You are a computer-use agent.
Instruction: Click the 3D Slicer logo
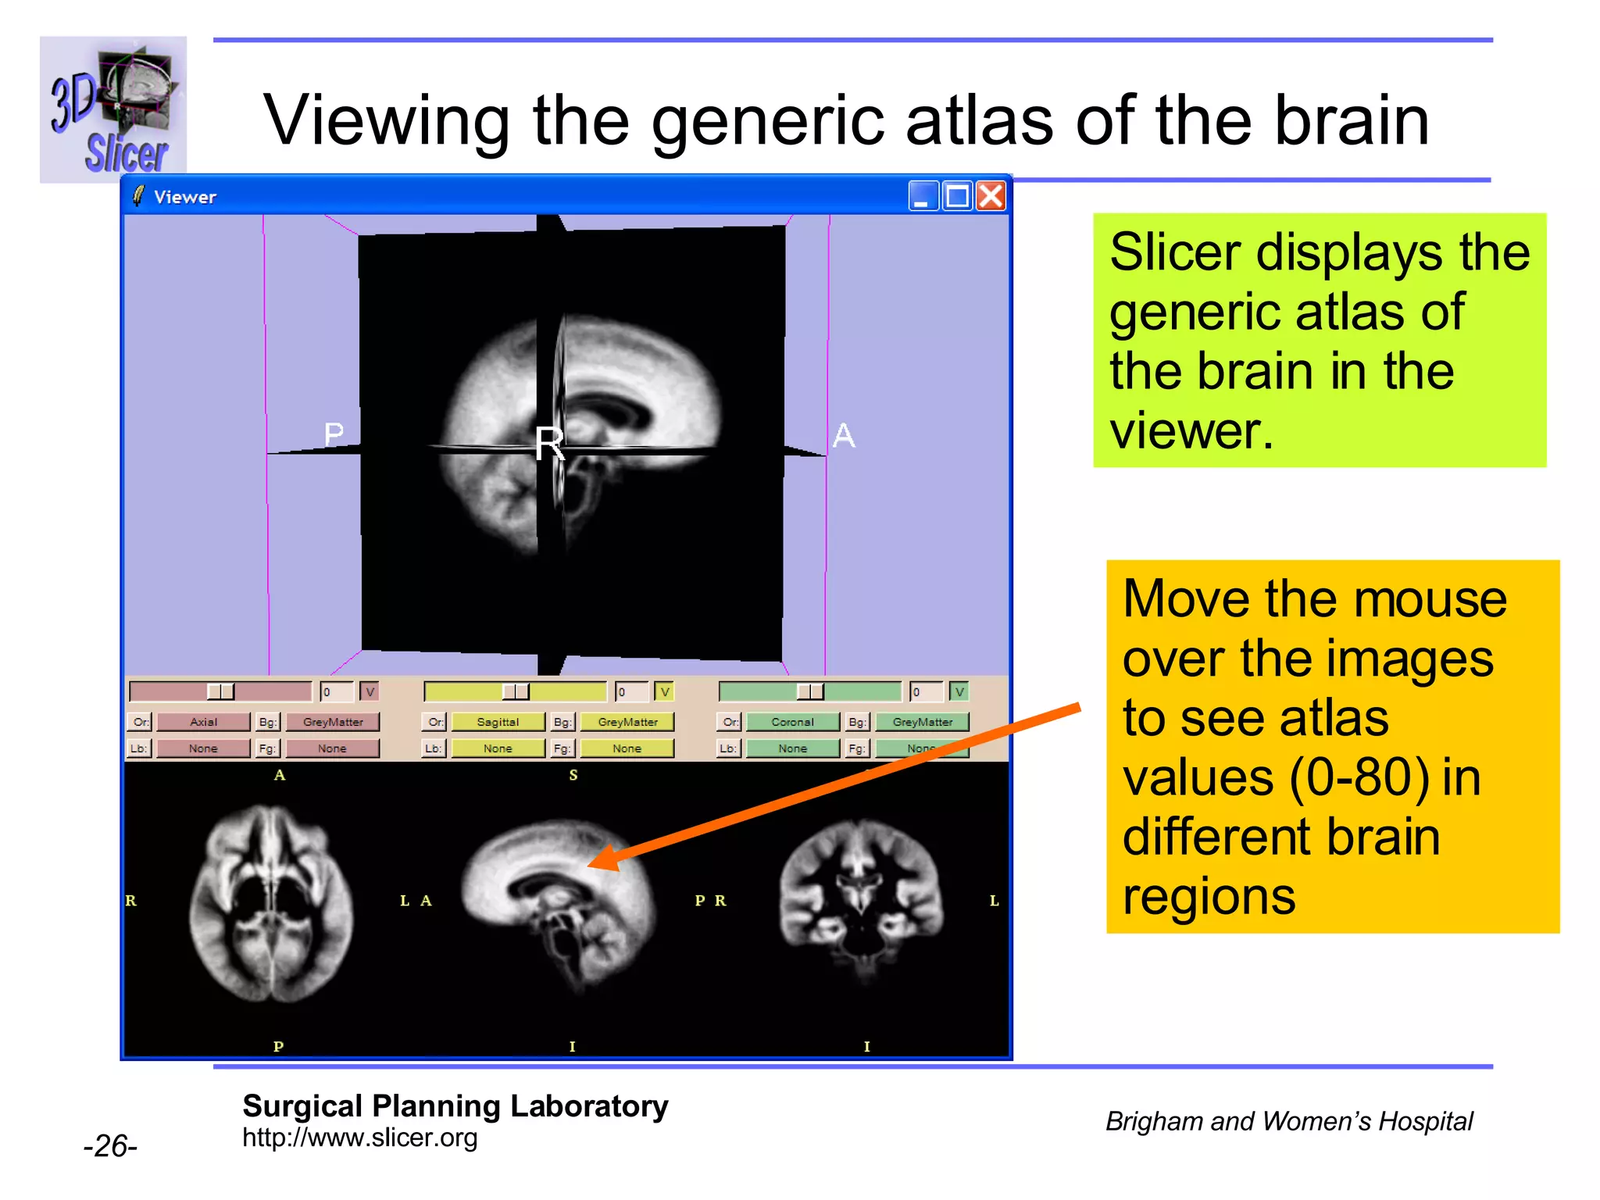click(113, 109)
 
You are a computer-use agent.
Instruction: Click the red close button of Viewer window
click(991, 196)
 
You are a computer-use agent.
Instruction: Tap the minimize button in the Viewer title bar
click(923, 196)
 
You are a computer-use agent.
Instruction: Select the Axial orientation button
click(203, 722)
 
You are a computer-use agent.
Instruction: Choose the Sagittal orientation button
click(498, 722)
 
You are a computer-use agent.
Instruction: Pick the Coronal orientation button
click(792, 722)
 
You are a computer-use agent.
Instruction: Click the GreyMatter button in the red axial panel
click(333, 722)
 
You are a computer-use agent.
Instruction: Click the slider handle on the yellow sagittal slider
click(515, 691)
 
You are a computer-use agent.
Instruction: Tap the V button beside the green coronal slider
click(959, 691)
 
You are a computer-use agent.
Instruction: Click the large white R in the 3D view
click(549, 444)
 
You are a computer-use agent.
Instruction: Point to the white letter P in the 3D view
click(334, 434)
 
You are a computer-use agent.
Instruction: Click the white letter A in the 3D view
click(844, 435)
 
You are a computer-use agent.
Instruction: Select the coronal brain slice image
click(861, 898)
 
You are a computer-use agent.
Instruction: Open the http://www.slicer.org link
click(359, 1137)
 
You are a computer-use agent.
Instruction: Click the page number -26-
click(110, 1146)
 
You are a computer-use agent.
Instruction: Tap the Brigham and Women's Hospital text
click(1288, 1121)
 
